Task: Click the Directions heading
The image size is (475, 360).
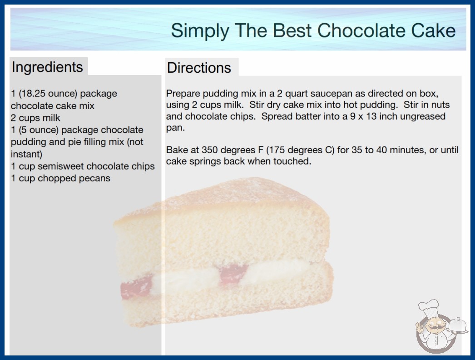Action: pos(199,68)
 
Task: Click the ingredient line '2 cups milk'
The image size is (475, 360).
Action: pos(35,118)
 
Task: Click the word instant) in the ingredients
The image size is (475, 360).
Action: pos(26,154)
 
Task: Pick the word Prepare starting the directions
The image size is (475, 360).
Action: pos(183,94)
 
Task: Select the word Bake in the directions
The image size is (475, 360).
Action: pos(176,150)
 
